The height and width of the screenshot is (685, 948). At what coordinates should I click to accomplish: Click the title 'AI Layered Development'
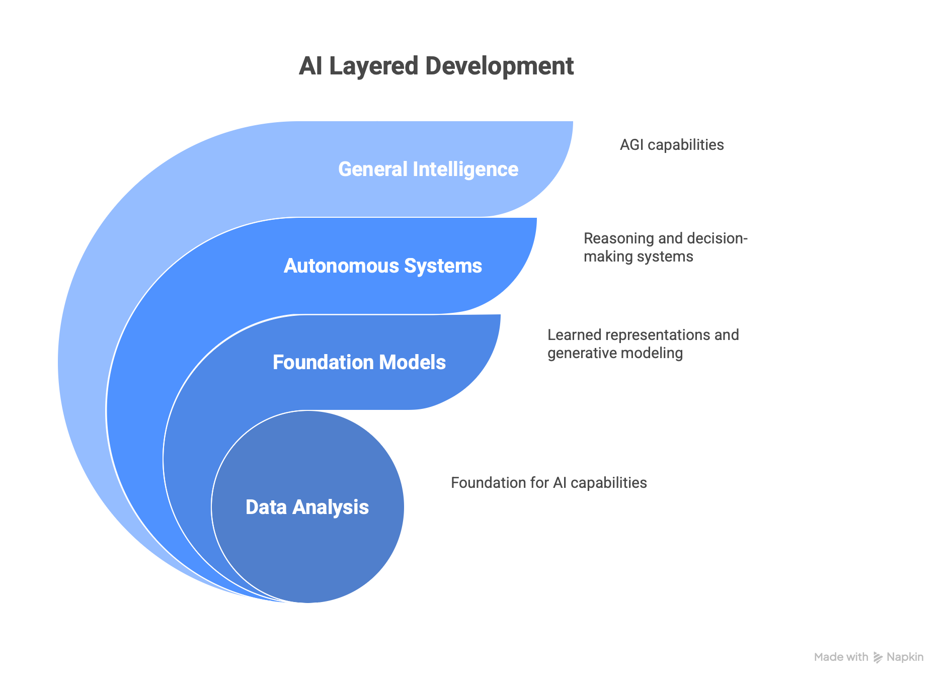[436, 66]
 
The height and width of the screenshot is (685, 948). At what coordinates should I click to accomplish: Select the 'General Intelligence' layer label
[428, 169]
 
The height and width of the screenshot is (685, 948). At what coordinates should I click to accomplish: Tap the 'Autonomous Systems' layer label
[382, 266]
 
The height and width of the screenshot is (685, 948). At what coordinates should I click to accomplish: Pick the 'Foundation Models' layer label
[359, 363]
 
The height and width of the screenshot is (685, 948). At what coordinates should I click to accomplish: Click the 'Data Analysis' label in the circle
[307, 507]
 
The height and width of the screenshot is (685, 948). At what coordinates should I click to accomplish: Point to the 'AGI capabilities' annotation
[671, 145]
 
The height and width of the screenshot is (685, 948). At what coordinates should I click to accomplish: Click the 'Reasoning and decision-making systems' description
[665, 247]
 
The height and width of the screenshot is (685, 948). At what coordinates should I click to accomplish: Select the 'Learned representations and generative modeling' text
[643, 344]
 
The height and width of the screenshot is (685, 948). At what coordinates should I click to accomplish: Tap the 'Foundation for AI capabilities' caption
[548, 483]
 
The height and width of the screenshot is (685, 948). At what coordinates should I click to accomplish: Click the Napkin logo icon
[878, 657]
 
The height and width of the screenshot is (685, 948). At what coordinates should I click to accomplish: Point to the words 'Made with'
[841, 657]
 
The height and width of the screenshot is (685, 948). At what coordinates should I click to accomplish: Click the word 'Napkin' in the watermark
[905, 657]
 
